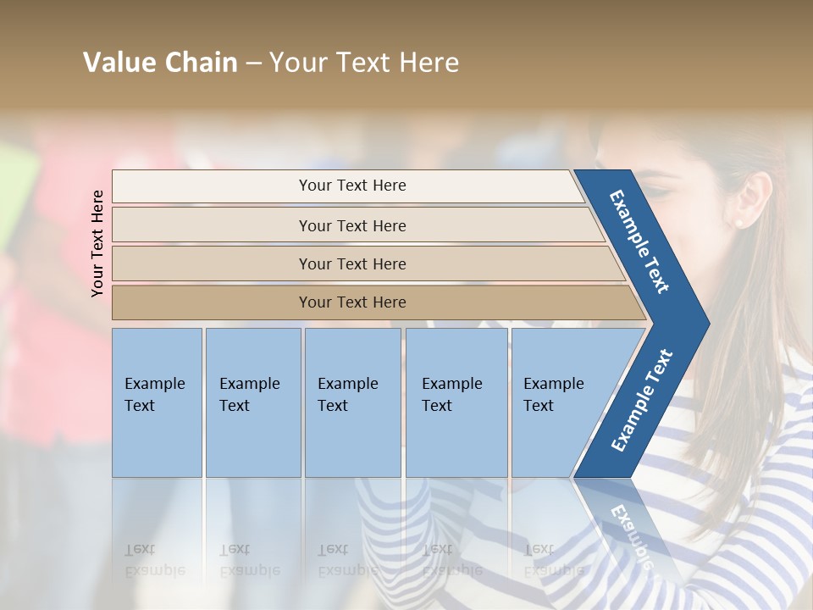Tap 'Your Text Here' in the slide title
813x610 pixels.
click(364, 63)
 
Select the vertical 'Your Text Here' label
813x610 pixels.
click(97, 243)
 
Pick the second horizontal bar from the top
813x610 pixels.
click(352, 225)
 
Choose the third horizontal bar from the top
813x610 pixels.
click(352, 263)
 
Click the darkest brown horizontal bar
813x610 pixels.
click(352, 302)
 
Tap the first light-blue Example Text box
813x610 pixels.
click(157, 402)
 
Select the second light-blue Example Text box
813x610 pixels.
click(253, 402)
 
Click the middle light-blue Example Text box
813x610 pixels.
click(352, 402)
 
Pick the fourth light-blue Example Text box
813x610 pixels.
click(456, 402)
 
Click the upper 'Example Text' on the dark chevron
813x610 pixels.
click(639, 241)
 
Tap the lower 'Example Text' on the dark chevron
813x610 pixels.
click(641, 401)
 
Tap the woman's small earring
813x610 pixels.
click(738, 223)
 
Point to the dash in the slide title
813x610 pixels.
click(253, 64)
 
